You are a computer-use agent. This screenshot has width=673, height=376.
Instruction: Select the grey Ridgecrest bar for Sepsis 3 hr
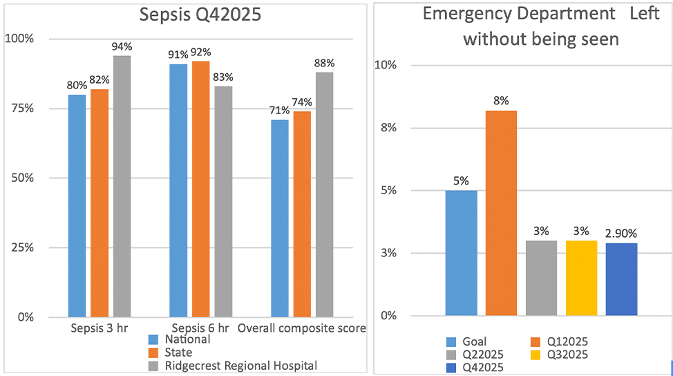tap(122, 187)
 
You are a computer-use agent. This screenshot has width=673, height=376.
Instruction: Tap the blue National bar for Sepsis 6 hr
tap(178, 190)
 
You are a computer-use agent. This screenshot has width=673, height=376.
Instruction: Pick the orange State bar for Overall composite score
tap(302, 214)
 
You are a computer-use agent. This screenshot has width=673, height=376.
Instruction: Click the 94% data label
tap(122, 47)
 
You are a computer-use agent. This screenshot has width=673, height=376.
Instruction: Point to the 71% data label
tap(280, 111)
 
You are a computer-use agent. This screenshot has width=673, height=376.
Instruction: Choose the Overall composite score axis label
tap(302, 328)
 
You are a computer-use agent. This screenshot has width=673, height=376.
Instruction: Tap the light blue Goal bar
tap(461, 253)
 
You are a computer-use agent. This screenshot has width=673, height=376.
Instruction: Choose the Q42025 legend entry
tap(482, 367)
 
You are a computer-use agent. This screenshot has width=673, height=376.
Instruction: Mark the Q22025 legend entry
tap(482, 354)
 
